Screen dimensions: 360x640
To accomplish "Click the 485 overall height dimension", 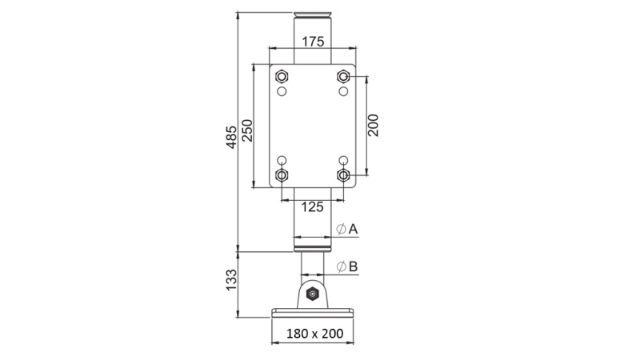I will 231,137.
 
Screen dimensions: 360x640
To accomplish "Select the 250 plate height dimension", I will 247,130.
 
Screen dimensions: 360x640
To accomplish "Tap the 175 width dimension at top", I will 313,41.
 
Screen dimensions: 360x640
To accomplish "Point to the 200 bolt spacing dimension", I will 374,125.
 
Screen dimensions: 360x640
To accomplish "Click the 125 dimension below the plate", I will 312,206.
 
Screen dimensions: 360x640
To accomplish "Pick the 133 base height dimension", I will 231,280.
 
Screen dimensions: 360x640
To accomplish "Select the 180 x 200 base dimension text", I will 312,334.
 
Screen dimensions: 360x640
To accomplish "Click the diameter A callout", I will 347,230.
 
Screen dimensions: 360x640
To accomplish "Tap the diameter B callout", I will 347,266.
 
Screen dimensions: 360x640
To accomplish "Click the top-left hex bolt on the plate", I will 281,77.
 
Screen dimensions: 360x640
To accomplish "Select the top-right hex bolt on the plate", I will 343,77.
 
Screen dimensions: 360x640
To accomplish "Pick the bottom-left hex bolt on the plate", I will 281,174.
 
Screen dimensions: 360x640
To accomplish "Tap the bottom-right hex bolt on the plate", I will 343,174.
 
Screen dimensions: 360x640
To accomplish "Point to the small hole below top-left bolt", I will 281,92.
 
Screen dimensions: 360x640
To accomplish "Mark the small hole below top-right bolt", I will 343,92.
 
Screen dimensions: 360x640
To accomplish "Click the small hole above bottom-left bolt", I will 281,159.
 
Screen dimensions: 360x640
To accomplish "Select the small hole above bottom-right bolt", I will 343,159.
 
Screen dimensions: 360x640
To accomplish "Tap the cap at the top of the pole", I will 312,14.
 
